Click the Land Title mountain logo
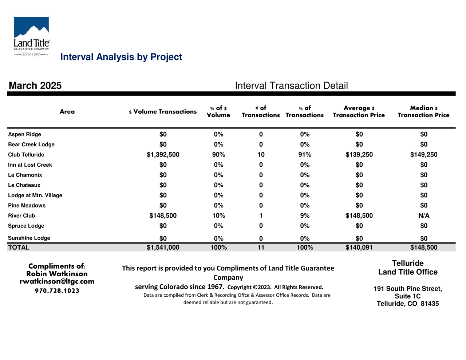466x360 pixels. coord(32,36)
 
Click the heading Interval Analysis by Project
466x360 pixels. coord(121,57)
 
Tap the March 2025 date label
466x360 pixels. coord(35,86)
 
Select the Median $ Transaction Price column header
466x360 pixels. coord(423,111)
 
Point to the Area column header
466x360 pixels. coord(67,111)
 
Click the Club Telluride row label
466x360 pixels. coord(26,155)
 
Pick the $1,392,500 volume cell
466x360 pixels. coord(163,155)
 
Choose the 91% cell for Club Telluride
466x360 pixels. coord(305,155)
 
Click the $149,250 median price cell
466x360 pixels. coord(424,155)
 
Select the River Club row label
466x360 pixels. coord(21,215)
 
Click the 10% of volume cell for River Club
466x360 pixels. coord(218,215)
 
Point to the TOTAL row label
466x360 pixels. coord(19,248)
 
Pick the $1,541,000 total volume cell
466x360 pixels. coord(163,248)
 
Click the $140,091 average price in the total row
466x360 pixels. coord(359,248)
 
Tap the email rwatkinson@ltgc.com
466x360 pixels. coord(57,281)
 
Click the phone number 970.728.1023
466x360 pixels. coord(57,291)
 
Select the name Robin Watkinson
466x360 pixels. coord(57,274)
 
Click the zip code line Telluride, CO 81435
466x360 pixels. coord(408,304)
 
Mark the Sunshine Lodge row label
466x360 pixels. coord(29,238)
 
